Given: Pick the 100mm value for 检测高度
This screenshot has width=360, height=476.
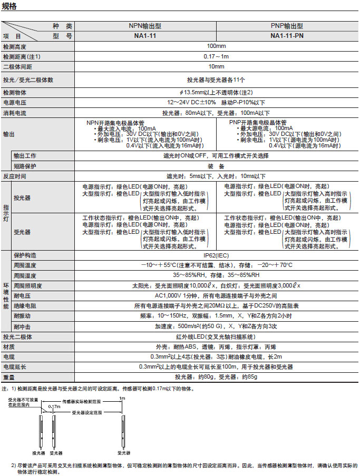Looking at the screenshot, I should point(216,46).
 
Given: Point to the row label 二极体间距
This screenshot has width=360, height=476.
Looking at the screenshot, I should point(17,66).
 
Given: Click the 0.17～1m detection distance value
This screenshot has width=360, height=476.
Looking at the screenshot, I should point(216,56).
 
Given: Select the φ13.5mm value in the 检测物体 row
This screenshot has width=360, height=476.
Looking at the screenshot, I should point(216,92).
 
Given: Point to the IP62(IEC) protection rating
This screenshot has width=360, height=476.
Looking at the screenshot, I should point(216,255).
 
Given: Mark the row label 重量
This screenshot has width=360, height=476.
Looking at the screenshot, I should point(9,377).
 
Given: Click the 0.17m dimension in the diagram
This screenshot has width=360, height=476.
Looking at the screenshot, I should point(54,407).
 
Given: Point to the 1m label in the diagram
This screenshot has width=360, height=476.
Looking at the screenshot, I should point(122,399).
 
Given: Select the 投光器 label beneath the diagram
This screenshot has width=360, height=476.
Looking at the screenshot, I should point(38,452).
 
